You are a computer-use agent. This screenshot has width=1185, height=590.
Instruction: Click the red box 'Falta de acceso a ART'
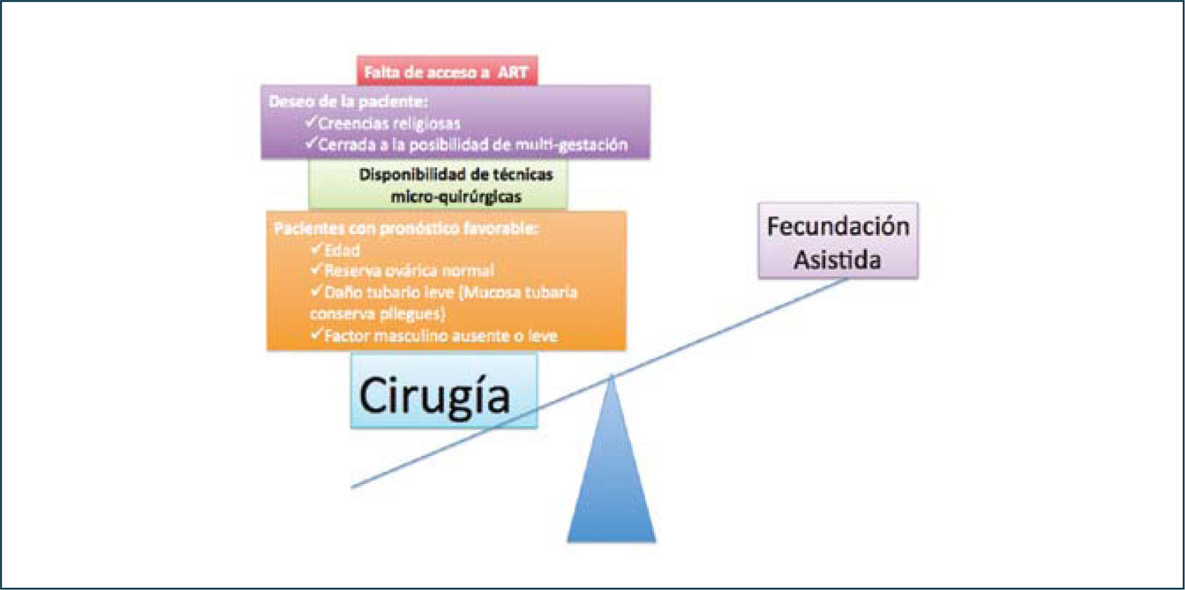point(447,72)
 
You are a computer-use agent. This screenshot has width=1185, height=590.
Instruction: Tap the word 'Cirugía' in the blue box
point(434,396)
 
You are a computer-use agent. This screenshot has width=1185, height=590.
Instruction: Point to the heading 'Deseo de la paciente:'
point(348,101)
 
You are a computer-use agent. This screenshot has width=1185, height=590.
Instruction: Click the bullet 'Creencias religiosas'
point(389,124)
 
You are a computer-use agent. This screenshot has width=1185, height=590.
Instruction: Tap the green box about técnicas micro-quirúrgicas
point(438,185)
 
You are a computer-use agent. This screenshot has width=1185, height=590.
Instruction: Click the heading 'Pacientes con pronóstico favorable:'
point(406,228)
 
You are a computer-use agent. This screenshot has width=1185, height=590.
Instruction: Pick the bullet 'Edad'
point(342,251)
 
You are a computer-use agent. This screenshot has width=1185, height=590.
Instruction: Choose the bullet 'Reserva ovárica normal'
point(409,271)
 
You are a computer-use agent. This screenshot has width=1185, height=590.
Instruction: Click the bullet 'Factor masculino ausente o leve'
point(440,336)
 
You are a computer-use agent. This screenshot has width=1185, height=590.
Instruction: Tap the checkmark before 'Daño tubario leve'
point(316,291)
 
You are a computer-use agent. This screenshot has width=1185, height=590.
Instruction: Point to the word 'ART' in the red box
point(513,72)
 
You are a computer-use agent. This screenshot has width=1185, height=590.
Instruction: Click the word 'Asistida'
point(837,260)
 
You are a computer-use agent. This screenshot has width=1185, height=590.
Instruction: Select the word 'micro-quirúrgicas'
point(456,196)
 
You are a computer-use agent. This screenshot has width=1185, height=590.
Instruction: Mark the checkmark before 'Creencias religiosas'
point(311,122)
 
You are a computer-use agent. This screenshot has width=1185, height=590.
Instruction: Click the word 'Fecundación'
point(838,226)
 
